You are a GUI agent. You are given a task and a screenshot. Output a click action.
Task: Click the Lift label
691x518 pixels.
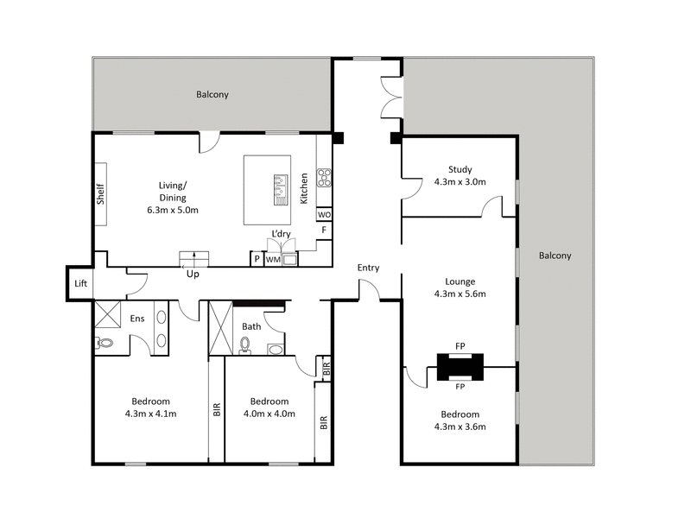(80, 283)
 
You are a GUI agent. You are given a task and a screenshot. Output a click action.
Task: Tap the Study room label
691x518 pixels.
(460, 169)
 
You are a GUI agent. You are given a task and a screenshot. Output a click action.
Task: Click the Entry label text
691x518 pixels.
(369, 268)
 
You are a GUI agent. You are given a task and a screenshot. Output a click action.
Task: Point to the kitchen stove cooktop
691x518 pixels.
(325, 178)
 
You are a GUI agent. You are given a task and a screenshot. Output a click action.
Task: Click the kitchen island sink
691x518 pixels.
(280, 189)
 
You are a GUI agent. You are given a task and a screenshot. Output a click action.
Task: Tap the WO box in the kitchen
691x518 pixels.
(324, 214)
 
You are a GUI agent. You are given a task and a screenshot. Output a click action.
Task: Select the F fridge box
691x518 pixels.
(324, 231)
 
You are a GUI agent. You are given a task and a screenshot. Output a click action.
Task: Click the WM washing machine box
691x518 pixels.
(273, 259)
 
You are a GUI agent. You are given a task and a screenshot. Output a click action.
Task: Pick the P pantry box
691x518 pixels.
(257, 259)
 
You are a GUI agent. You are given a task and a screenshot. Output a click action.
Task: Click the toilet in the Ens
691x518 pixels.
(105, 342)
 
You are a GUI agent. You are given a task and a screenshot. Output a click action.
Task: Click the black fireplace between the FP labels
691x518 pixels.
(460, 367)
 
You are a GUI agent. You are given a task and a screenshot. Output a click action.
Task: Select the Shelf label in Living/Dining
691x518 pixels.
(100, 194)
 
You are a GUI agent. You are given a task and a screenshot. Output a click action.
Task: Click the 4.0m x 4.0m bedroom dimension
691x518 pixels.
(269, 414)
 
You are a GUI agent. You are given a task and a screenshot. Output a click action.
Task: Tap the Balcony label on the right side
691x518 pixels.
(555, 256)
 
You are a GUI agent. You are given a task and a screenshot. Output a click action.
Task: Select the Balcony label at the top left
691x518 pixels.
(212, 95)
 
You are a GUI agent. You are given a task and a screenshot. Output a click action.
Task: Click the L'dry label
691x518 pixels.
(281, 235)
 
